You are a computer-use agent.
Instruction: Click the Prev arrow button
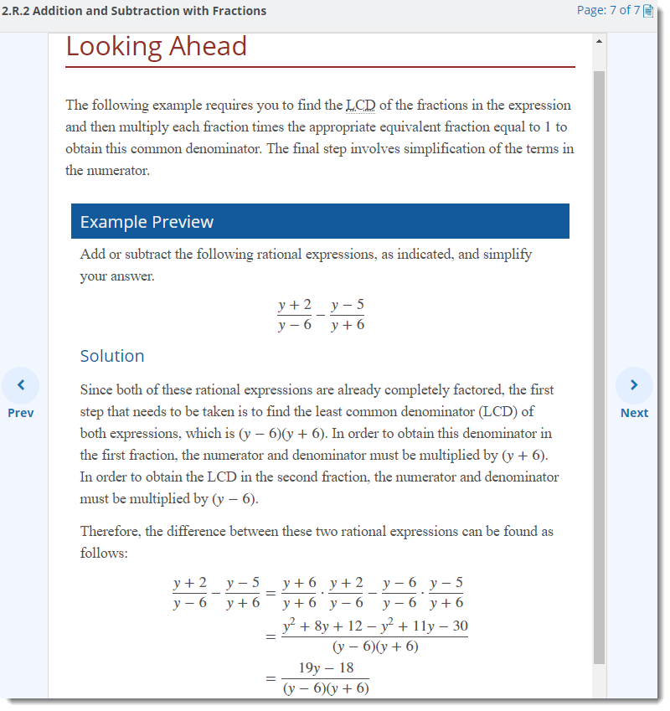click(20, 384)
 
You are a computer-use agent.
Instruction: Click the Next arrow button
click(634, 384)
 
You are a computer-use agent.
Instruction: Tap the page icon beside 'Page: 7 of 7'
click(648, 11)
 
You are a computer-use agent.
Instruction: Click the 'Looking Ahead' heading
click(157, 46)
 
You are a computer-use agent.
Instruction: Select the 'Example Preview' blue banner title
click(147, 222)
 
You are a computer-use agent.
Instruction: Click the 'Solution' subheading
click(112, 356)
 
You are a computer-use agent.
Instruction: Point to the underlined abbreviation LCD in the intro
click(361, 106)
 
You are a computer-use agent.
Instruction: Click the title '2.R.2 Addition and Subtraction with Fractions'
click(134, 11)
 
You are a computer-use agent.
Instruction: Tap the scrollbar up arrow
click(598, 40)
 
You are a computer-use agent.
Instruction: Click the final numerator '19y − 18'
click(327, 668)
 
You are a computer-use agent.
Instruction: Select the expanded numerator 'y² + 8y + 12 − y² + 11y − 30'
click(375, 626)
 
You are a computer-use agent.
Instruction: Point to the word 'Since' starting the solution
click(96, 390)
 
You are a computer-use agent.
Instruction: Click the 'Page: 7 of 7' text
click(608, 11)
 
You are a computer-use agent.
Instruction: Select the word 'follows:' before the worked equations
click(104, 554)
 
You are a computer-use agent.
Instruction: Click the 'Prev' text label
click(20, 413)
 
